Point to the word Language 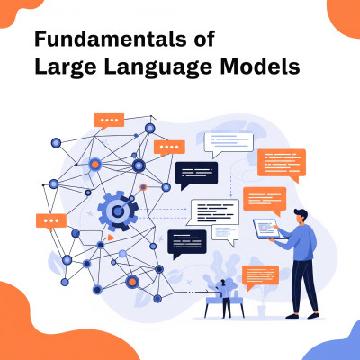point(158,67)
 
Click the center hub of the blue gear point(118,211)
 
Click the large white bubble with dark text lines point(213,212)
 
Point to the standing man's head point(300,217)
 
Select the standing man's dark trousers point(303,286)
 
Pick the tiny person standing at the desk point(225,299)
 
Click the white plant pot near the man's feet point(262,310)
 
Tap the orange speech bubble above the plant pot point(260,277)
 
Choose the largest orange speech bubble point(282,165)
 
